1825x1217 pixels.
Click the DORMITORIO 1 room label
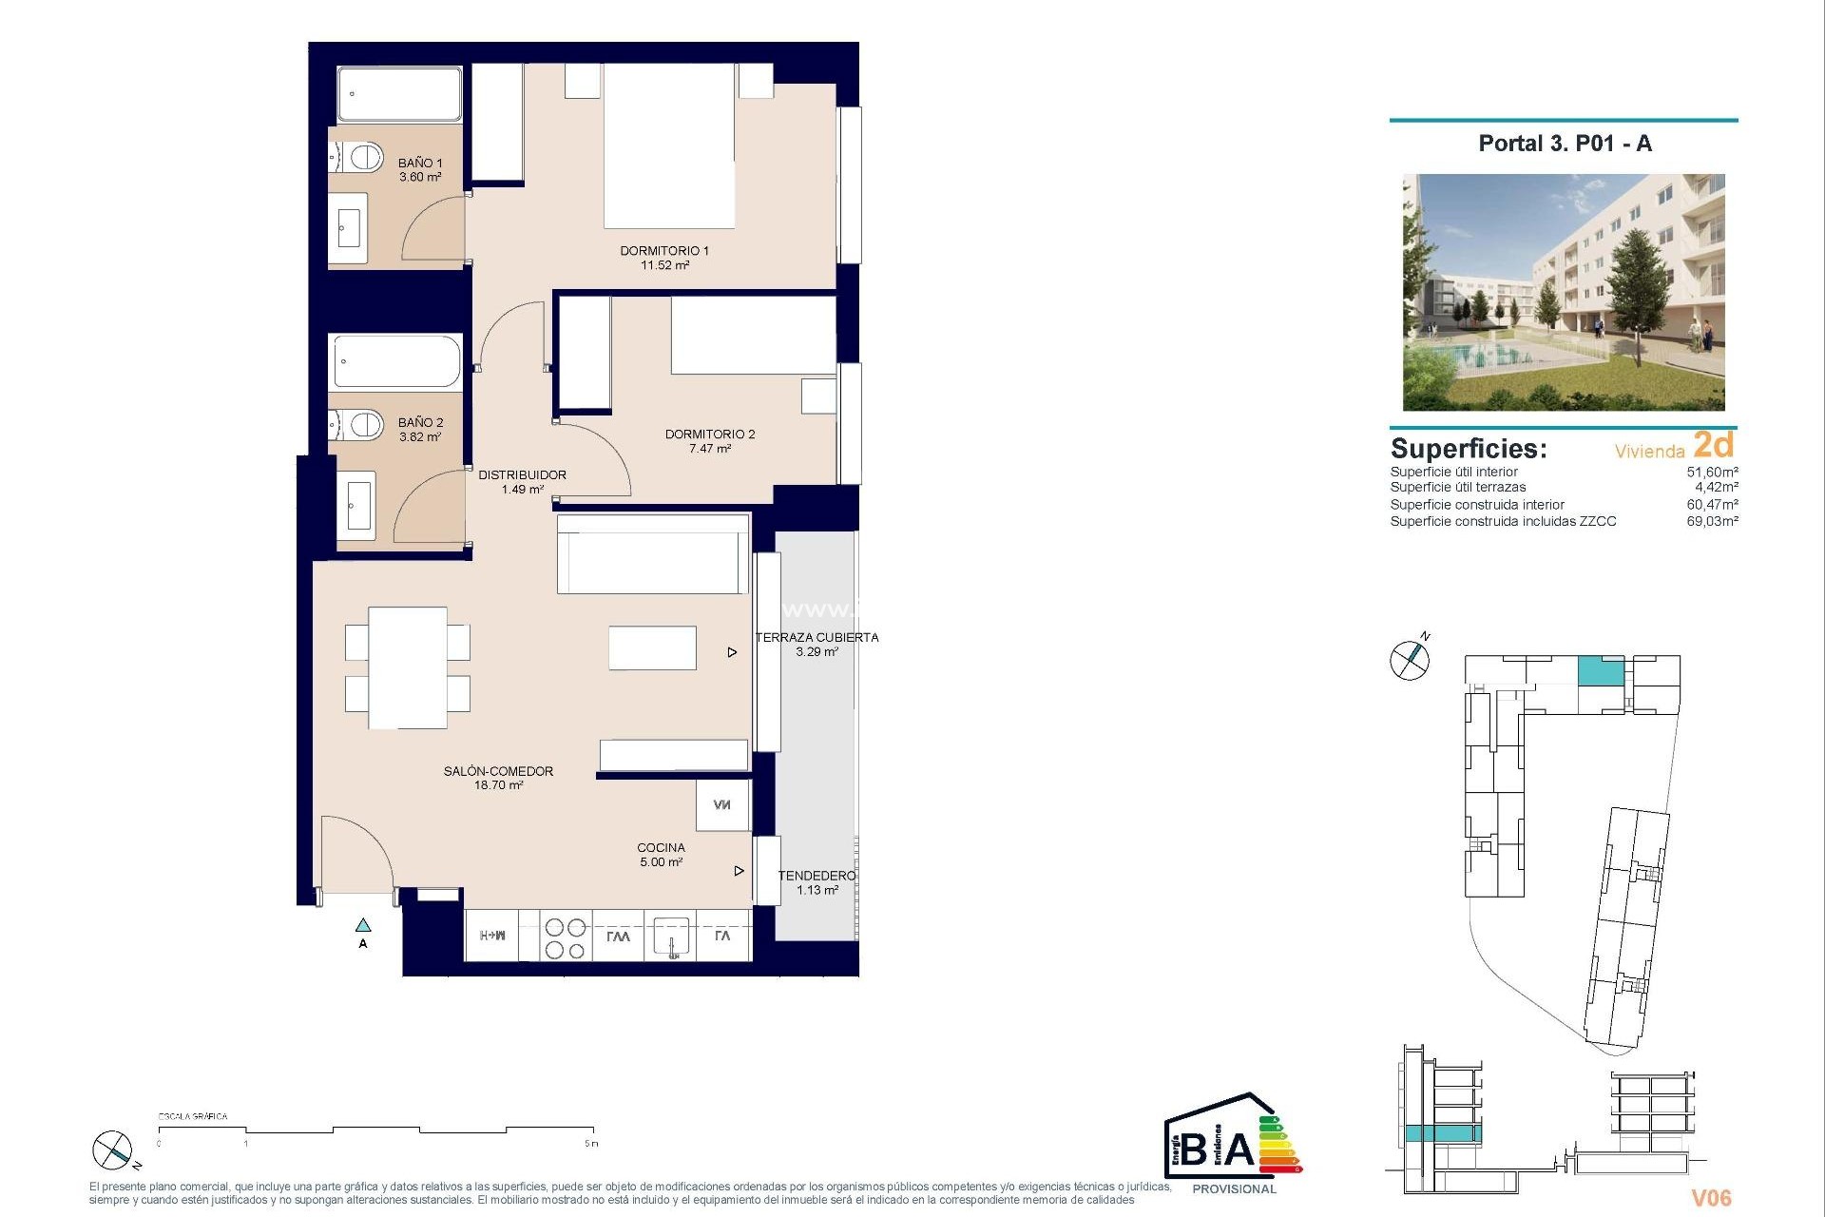[x=664, y=258]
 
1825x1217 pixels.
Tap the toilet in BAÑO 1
[x=360, y=157]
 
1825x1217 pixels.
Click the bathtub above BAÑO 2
[x=396, y=361]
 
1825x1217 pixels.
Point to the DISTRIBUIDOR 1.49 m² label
[x=522, y=482]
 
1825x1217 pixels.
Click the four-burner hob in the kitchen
[x=566, y=937]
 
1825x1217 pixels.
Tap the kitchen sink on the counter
[x=671, y=937]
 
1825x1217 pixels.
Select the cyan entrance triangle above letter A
[x=363, y=924]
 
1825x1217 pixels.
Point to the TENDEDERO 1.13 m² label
[x=816, y=882]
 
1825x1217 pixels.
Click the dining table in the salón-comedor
[x=408, y=667]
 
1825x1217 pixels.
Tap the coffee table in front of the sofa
[x=652, y=647]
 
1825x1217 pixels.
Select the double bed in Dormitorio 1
[x=669, y=145]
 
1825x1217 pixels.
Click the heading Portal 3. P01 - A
[x=1565, y=144]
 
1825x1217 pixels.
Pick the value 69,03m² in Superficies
[x=1712, y=521]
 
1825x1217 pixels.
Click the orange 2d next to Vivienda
[x=1714, y=445]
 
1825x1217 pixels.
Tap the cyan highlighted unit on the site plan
[x=1601, y=671]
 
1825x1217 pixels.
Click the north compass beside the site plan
[x=1409, y=659]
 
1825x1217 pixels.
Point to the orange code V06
[x=1710, y=1198]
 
